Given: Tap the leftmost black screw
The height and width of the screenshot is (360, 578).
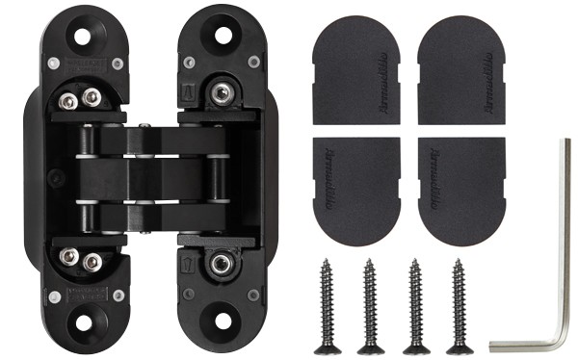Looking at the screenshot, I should click(x=327, y=303).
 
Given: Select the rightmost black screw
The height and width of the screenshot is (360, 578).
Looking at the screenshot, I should click(x=459, y=303).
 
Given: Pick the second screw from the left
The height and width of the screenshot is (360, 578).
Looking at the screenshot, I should click(x=369, y=303).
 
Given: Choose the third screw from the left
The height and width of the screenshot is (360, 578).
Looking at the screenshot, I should click(x=415, y=303).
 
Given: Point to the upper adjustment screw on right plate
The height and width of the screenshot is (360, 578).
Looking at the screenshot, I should click(x=222, y=94).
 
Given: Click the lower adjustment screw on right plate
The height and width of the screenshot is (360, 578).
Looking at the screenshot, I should click(x=222, y=262).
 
